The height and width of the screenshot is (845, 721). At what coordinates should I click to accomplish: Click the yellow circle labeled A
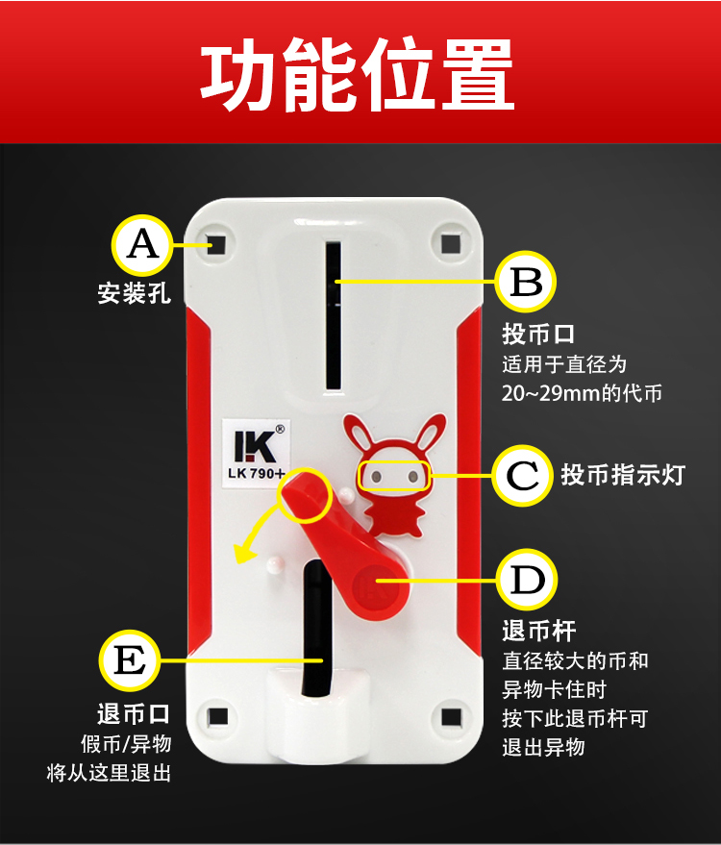[x=142, y=245]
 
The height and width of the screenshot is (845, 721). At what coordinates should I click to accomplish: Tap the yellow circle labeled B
[x=526, y=282]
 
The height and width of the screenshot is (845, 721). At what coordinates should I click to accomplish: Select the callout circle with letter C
[x=522, y=475]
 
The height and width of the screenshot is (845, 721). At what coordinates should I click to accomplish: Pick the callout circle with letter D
[x=527, y=580]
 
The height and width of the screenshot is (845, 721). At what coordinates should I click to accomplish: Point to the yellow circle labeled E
[x=130, y=660]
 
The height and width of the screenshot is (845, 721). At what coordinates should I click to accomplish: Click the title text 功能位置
[x=357, y=74]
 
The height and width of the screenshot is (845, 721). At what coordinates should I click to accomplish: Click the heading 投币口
[x=538, y=335]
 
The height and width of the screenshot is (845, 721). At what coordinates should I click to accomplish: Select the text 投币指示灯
[x=623, y=475]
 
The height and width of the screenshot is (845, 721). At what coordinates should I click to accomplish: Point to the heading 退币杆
[x=539, y=631]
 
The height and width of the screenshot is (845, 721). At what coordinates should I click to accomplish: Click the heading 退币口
[x=134, y=714]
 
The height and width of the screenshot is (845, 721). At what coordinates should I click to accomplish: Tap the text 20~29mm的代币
[x=582, y=393]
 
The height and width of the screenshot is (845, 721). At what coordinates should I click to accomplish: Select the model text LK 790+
[x=257, y=474]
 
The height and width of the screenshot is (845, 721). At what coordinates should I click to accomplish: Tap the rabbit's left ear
[x=359, y=434]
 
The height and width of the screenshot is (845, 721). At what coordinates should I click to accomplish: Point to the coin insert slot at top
[x=334, y=316]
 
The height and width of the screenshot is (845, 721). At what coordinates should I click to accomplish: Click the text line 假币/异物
[x=126, y=744]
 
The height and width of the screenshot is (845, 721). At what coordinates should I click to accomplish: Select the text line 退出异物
[x=543, y=748]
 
